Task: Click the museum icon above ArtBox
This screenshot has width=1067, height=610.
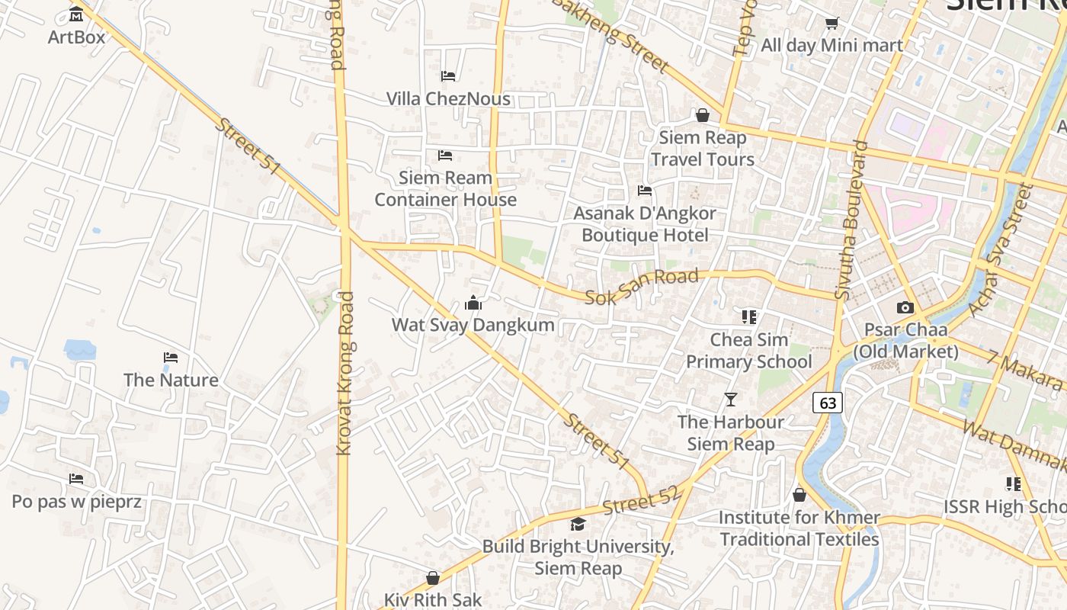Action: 76,14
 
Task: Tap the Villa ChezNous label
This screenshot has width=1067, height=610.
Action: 448,98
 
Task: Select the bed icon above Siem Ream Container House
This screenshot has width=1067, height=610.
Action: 445,156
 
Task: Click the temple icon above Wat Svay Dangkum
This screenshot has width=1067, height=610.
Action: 473,303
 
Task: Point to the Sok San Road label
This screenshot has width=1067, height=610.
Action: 641,287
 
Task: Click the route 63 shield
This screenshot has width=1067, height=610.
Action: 827,402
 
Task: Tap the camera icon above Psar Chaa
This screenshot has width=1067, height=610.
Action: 905,308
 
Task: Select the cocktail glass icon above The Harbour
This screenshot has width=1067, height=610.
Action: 731,400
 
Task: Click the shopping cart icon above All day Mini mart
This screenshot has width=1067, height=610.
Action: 831,24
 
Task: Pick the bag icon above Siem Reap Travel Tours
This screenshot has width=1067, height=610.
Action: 703,115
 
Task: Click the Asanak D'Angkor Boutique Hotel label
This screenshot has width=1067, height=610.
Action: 645,223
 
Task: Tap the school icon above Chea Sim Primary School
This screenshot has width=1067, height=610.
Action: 749,316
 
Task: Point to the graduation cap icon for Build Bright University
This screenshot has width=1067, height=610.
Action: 578,525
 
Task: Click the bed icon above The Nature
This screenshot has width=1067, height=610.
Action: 171,358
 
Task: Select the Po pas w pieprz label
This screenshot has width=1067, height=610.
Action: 76,501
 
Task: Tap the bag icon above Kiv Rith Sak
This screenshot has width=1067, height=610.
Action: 433,578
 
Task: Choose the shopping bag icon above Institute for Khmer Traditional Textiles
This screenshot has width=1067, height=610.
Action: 799,496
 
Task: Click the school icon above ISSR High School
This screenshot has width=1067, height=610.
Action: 1013,484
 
